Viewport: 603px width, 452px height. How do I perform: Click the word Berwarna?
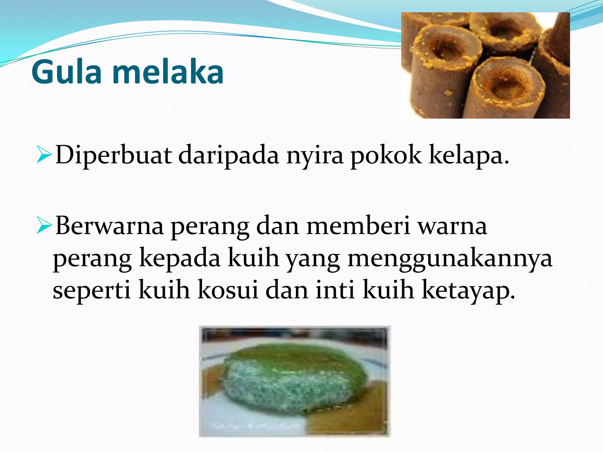[109, 226]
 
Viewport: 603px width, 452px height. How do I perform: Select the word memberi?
[358, 225]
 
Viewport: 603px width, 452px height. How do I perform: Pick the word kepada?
[180, 258]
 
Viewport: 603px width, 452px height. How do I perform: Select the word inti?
[335, 290]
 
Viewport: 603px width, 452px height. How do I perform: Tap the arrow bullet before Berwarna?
[44, 226]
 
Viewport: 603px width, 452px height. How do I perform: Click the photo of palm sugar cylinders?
[485, 65]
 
